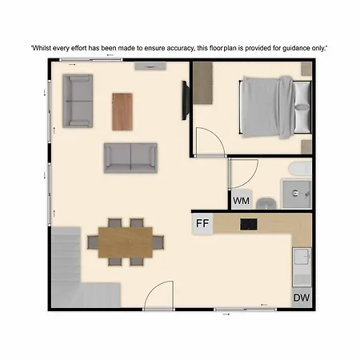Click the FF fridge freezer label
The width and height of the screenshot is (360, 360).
click(202, 223)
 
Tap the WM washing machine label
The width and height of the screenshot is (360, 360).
click(241, 201)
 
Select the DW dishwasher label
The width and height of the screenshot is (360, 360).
click(302, 298)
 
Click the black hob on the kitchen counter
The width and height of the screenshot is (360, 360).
click(249, 224)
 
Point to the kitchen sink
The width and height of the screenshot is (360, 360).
click(302, 256)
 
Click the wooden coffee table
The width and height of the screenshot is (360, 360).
click(122, 112)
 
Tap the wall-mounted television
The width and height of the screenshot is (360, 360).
click(186, 100)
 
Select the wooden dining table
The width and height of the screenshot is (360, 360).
click(126, 242)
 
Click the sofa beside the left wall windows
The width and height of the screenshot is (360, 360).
click(78, 101)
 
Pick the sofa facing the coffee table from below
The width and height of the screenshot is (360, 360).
click(130, 158)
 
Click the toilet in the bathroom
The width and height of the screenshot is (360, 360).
click(300, 169)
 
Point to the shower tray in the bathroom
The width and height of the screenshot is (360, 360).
click(297, 194)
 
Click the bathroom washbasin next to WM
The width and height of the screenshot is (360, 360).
click(266, 203)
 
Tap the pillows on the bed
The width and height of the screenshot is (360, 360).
click(302, 107)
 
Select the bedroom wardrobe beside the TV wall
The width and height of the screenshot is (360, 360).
click(203, 82)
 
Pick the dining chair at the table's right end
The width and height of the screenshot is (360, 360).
click(158, 242)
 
